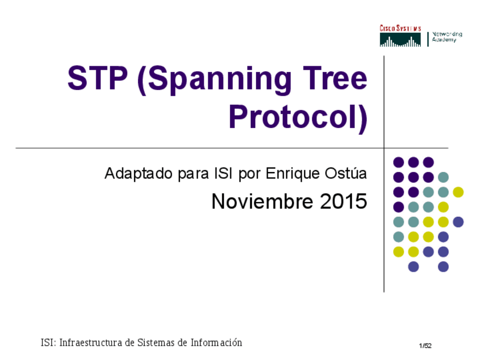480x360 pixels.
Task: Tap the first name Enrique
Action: (293, 174)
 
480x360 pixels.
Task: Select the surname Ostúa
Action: (348, 173)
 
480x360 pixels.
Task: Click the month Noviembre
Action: (263, 202)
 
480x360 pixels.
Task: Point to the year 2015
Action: (344, 202)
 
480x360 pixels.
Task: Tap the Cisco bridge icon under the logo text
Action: (400, 40)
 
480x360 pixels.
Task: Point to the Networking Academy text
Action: (447, 37)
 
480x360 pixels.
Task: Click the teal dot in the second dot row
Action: (443, 177)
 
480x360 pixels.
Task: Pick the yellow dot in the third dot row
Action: (458, 192)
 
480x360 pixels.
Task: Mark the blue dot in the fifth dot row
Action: (458, 222)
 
